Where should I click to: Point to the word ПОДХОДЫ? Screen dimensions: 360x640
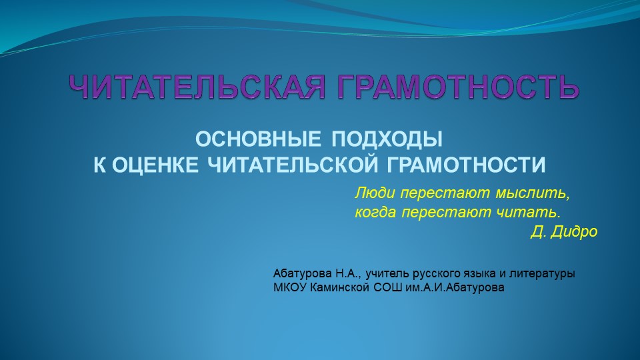(388, 141)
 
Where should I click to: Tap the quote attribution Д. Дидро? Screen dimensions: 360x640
(564, 232)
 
